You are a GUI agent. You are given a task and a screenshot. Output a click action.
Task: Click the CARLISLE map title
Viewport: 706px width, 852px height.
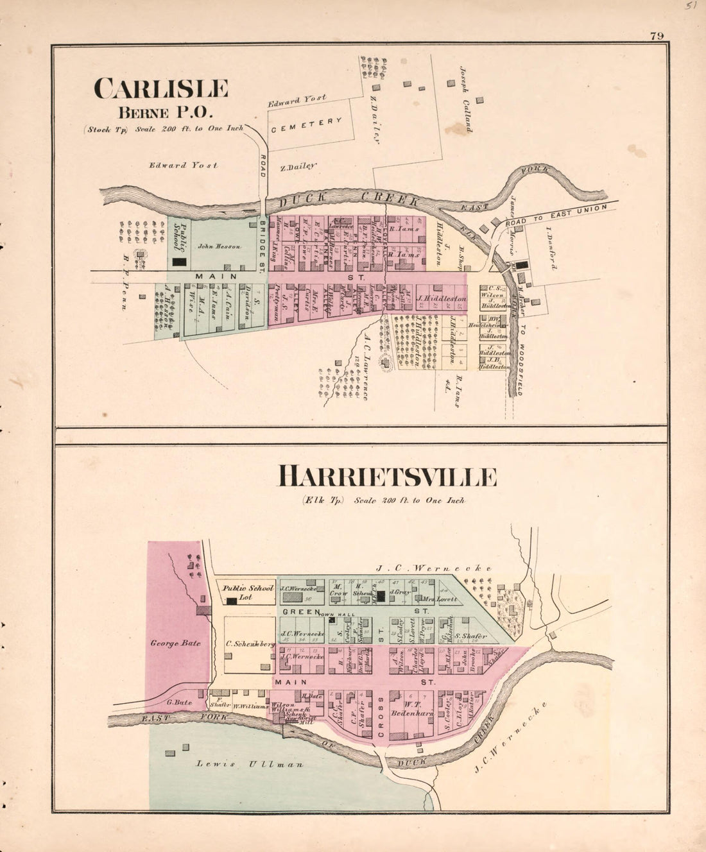pyautogui.click(x=161, y=89)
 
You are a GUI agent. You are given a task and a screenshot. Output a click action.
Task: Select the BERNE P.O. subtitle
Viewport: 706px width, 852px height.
pyautogui.click(x=163, y=112)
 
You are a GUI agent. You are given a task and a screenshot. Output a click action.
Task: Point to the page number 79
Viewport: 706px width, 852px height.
pyautogui.click(x=657, y=36)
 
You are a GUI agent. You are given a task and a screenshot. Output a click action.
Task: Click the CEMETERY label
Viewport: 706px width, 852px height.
pyautogui.click(x=307, y=124)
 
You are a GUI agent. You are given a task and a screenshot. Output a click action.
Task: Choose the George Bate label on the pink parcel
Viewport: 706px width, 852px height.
pyautogui.click(x=175, y=643)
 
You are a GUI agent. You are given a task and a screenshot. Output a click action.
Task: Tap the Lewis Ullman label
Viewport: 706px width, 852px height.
pyautogui.click(x=250, y=764)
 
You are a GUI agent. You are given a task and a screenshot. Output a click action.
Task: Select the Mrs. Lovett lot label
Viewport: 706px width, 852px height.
pyautogui.click(x=440, y=599)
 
